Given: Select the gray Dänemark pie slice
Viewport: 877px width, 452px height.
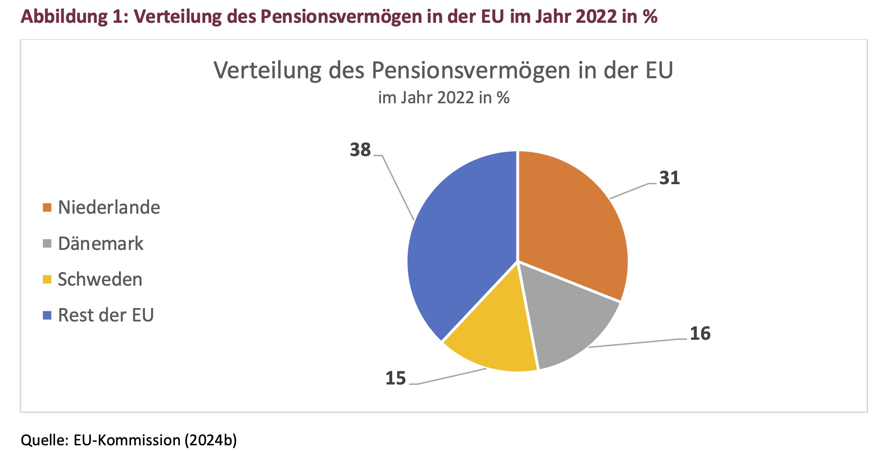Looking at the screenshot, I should point(568,322).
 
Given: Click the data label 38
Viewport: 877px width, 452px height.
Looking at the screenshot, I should point(360,150).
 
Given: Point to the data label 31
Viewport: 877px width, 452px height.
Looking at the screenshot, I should point(669,178).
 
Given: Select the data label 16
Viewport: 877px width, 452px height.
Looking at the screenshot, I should point(700,334).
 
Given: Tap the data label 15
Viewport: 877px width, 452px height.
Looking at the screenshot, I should point(396,379).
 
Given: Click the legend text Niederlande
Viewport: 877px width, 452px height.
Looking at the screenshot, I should point(109,207).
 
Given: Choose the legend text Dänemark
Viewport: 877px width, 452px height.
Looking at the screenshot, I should point(101,244).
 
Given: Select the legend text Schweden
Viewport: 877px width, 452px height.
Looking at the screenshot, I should point(100,279).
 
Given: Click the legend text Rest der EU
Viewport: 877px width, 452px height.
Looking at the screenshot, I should point(106,315).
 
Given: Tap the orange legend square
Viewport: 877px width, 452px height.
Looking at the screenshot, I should point(47,208).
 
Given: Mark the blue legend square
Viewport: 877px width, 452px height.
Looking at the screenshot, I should point(47,316).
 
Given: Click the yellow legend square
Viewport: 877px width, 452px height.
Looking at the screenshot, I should point(47,280).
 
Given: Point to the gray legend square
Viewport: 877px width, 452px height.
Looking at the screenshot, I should point(47,244).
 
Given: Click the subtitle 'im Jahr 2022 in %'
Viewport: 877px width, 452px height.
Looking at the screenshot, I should point(444,98).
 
